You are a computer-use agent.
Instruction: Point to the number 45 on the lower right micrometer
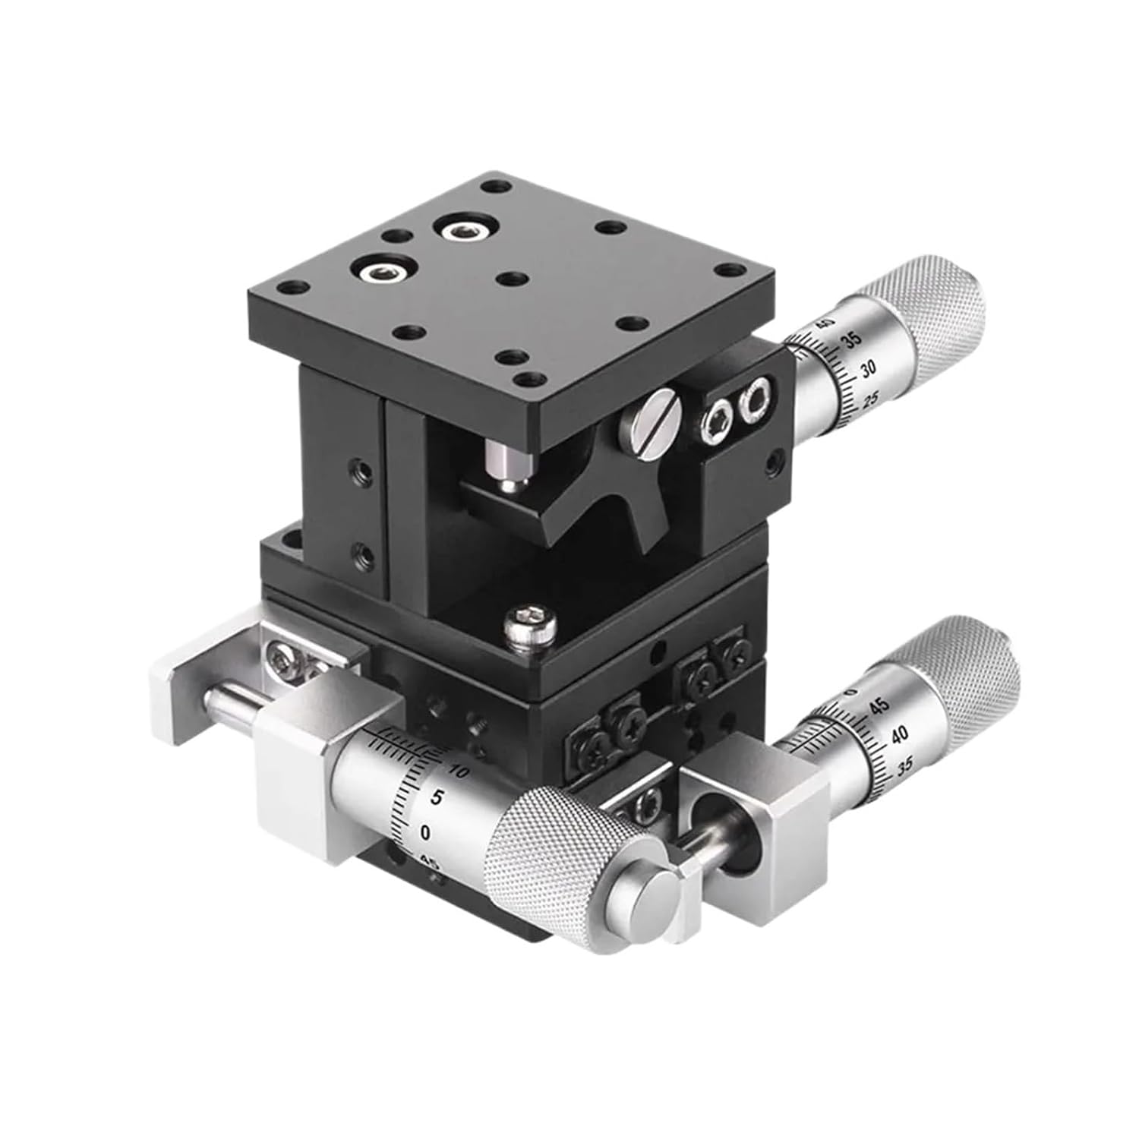click(881, 705)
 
